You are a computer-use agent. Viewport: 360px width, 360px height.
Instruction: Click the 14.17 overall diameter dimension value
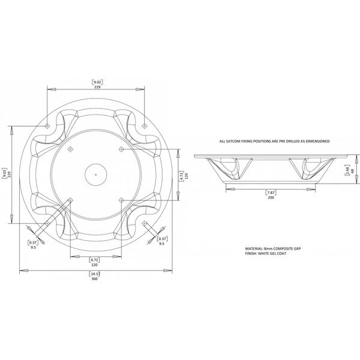click(94, 274)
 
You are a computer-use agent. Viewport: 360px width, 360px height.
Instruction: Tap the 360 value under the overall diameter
click(94, 279)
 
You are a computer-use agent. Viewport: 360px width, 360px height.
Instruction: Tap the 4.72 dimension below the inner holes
click(94, 259)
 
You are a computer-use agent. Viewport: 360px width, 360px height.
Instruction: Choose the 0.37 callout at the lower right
click(161, 239)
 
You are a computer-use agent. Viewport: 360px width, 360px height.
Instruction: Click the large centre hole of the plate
click(95, 174)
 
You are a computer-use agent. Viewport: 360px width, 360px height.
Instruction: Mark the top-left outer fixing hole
click(47, 126)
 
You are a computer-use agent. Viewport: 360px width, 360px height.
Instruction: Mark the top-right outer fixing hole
click(145, 126)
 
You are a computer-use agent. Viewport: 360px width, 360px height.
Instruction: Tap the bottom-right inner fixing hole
click(121, 200)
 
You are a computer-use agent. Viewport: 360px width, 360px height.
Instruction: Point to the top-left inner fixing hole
click(70, 148)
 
